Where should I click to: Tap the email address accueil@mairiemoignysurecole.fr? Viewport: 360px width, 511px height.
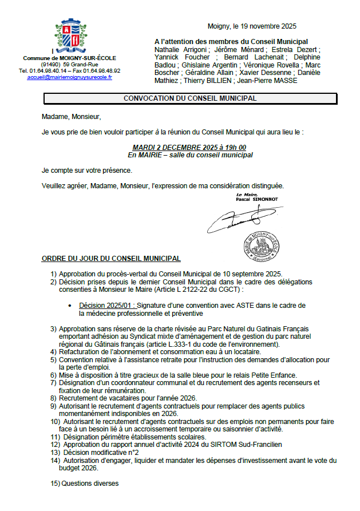[x=69, y=77]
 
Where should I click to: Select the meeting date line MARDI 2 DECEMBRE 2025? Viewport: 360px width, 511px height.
[x=189, y=148]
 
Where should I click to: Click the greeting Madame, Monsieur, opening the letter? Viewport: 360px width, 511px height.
[x=71, y=117]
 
